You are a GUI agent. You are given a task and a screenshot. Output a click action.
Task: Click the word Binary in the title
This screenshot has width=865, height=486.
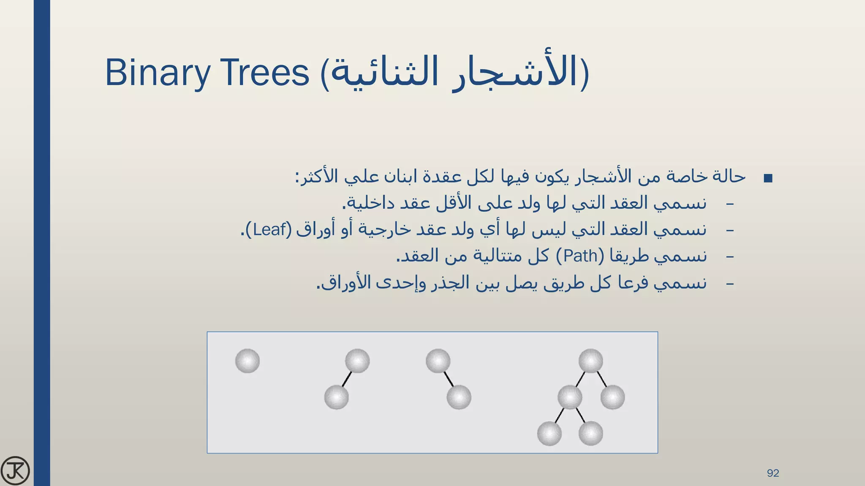[157, 73]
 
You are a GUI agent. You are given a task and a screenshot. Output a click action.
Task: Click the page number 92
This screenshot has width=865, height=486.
[773, 473]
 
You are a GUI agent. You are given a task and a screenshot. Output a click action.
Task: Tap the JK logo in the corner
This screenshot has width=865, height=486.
[15, 470]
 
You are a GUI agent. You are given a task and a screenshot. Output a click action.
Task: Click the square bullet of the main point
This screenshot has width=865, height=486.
[768, 178]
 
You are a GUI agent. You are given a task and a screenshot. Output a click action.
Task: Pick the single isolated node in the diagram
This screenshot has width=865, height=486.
[248, 361]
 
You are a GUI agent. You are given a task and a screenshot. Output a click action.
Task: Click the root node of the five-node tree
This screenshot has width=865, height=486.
[590, 361]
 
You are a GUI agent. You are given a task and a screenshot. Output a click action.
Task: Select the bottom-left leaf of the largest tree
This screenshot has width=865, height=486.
[549, 433]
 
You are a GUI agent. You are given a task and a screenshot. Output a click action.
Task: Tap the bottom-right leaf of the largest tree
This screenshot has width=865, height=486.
[590, 433]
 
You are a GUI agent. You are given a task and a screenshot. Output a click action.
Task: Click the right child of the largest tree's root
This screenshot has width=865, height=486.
[612, 397]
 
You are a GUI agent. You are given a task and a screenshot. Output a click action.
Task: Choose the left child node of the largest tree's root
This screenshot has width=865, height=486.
[570, 397]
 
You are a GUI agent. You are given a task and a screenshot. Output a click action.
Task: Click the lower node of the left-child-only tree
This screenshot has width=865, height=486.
[337, 397]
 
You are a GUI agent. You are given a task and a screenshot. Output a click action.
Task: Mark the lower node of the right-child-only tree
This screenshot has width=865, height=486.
[459, 397]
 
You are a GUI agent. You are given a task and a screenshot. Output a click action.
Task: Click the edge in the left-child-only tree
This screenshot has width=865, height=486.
[347, 379]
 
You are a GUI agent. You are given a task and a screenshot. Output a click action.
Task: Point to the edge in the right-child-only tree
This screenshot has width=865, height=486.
[449, 379]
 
